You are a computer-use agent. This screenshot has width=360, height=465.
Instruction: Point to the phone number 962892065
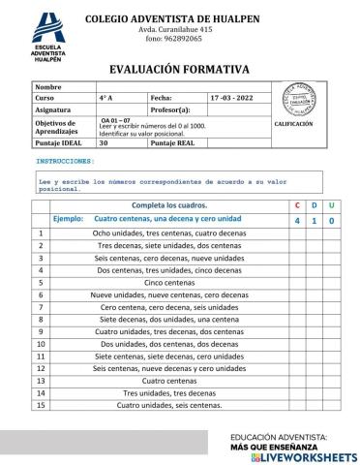tap(181, 39)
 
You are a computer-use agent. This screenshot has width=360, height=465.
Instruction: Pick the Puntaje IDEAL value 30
tap(104, 142)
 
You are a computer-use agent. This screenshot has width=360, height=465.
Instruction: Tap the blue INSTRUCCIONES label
tap(65, 160)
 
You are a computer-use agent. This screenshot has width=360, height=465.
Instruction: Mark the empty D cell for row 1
tap(315, 233)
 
